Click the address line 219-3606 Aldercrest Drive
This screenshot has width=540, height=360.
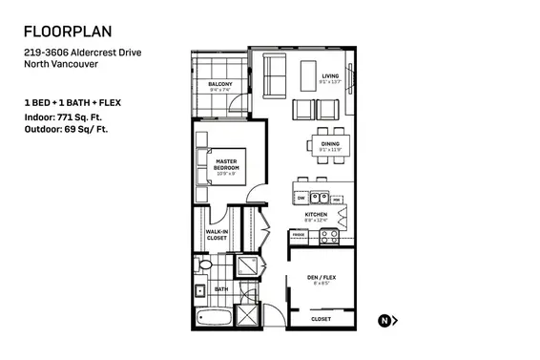click(x=83, y=53)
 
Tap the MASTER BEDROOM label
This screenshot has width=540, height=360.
click(x=226, y=164)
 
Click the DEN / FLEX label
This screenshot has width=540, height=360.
click(x=322, y=279)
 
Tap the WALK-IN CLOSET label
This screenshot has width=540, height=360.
click(x=217, y=234)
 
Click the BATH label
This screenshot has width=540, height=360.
click(x=220, y=288)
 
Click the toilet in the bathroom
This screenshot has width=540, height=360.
click(x=202, y=265)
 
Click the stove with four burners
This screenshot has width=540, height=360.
click(x=328, y=235)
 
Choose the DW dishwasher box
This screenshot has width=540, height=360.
click(x=301, y=199)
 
